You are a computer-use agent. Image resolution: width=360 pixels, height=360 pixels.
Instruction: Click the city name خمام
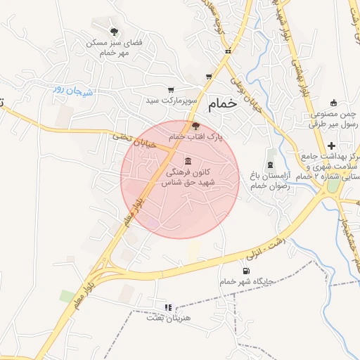tap(222, 103)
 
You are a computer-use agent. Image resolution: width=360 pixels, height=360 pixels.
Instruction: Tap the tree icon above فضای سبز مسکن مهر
tap(114, 31)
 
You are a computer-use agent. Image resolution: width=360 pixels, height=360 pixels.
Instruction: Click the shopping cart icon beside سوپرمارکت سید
tap(171, 89)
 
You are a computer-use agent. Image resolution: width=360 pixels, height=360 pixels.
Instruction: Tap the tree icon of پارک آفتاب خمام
tap(195, 125)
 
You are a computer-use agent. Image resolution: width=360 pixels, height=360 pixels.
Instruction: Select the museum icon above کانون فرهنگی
tap(187, 160)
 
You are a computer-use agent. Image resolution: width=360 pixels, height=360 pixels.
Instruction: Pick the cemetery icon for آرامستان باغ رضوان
tap(271, 153)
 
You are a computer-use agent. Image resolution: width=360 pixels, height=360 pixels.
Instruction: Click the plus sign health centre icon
tap(331, 145)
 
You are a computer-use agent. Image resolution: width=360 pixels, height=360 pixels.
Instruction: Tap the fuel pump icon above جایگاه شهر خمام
tap(245, 271)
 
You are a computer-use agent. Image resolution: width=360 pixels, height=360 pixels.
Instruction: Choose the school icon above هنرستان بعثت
tap(167, 307)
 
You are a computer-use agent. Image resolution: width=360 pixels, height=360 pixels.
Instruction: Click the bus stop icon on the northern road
tap(227, 51)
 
